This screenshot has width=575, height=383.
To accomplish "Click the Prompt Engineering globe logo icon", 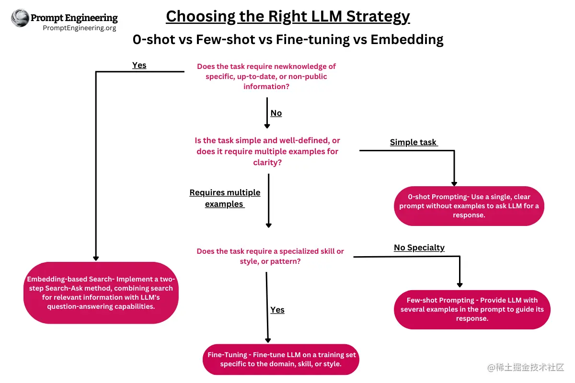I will click(x=20, y=18).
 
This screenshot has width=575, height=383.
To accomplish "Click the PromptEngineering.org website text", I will click(x=80, y=28).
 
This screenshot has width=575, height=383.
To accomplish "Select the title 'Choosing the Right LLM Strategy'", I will click(x=287, y=16).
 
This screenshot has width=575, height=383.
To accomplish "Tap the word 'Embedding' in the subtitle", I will click(x=407, y=39).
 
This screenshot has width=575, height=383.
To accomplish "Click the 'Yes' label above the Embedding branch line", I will click(x=139, y=65).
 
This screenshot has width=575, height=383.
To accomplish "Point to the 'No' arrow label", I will click(x=276, y=113).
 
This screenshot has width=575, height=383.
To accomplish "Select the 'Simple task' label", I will click(x=414, y=142).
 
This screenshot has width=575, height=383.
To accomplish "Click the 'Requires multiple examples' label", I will click(x=225, y=198).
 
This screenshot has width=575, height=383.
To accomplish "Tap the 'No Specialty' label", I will click(x=419, y=248).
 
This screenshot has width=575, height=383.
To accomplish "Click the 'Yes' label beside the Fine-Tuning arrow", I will click(x=277, y=310).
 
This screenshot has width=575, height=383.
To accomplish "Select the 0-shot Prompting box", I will click(x=469, y=206).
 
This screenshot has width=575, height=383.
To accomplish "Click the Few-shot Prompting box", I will click(x=471, y=309).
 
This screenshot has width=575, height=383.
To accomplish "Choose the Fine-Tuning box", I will click(x=281, y=359).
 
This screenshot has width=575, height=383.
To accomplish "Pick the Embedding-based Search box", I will click(x=101, y=293).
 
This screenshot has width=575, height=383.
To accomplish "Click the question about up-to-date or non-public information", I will click(x=266, y=77).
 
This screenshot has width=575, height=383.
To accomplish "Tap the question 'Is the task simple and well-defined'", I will click(x=267, y=151).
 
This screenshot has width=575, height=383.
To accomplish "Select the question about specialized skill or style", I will click(x=270, y=256).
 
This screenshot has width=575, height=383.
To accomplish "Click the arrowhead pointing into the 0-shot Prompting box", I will click(x=454, y=183).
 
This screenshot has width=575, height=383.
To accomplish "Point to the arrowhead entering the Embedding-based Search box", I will click(x=96, y=258).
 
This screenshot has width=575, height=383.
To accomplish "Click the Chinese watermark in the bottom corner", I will click(x=526, y=368).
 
